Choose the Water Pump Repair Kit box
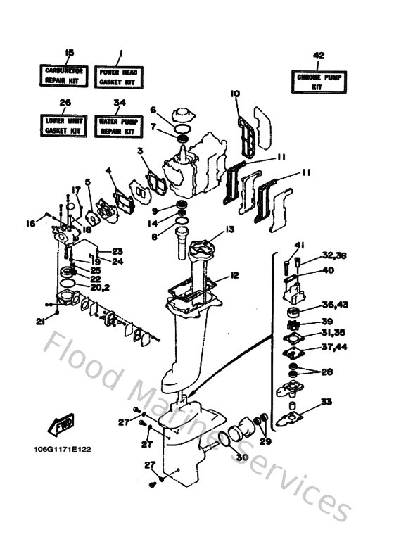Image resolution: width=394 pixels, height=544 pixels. pos(120,126)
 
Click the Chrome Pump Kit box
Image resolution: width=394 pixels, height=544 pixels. pos(319,81)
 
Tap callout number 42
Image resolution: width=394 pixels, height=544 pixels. pos(319,56)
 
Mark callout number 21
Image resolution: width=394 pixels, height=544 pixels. pos(42,321)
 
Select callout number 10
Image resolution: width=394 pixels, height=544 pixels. pos(235,94)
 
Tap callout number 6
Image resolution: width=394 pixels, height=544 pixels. pos(152,109)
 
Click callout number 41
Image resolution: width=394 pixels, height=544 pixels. pos(298,245)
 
